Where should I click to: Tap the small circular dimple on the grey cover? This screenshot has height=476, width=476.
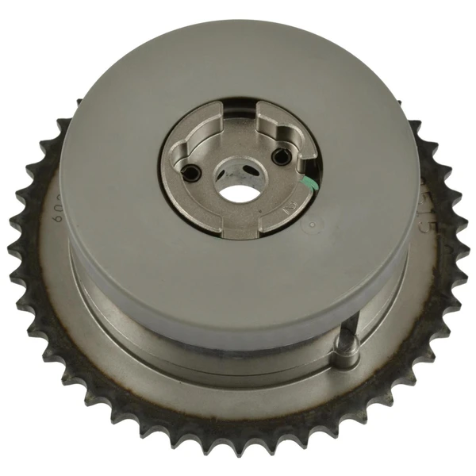tap(312, 227)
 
